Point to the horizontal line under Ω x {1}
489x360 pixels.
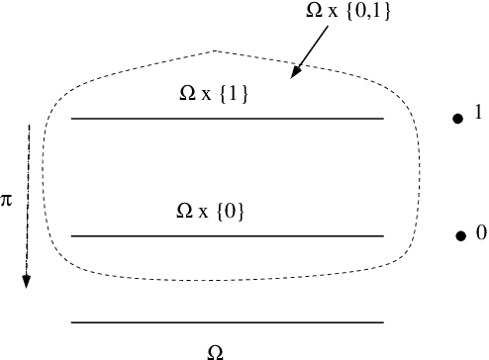tap(227, 119)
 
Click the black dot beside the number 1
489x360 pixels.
tap(457, 119)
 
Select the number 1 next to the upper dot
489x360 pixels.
tap(478, 114)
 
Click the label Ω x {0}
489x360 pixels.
tap(209, 212)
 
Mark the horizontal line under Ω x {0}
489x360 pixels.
tap(227, 235)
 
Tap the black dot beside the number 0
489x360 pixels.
tap(460, 235)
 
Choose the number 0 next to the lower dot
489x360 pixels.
tap(481, 233)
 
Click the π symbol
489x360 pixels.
tap(7, 201)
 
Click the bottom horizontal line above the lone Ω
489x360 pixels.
tap(227, 322)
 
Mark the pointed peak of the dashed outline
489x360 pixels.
tap(215, 49)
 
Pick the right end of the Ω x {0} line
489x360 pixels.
tap(381, 235)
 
